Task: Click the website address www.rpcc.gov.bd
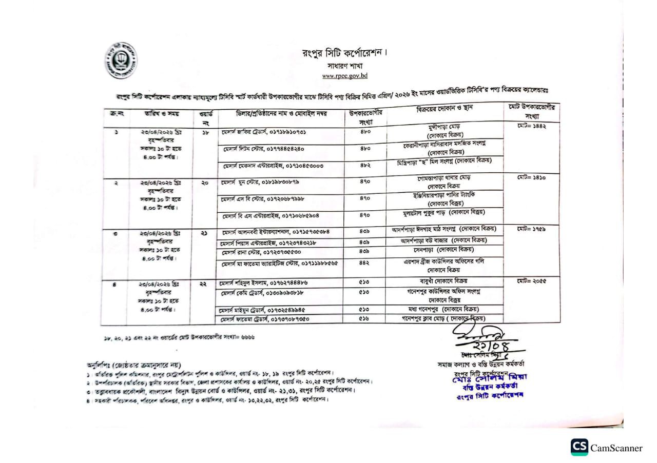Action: (x=345, y=76)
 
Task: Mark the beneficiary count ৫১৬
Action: (x=364, y=319)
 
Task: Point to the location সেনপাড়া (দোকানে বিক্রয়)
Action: (x=444, y=250)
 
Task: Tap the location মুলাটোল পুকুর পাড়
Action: (x=444, y=212)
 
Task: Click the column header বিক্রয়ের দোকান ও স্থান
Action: (x=445, y=108)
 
